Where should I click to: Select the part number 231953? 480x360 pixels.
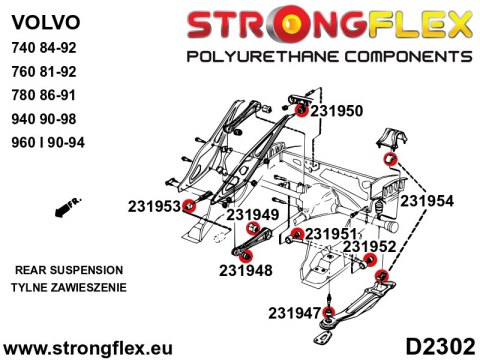152,207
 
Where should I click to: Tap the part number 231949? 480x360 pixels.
251,213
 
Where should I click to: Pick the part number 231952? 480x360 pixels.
370,246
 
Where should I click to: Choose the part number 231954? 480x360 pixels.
427,200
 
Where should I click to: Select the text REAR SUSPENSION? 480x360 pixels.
70,270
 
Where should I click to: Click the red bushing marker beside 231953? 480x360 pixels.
188,206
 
